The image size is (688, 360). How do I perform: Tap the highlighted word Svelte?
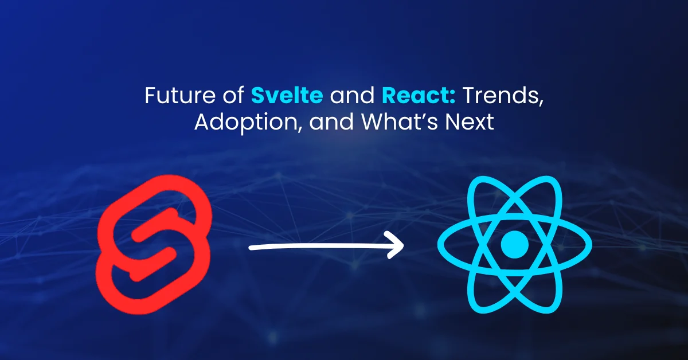click(x=287, y=96)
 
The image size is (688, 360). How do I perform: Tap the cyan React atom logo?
click(x=514, y=245)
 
